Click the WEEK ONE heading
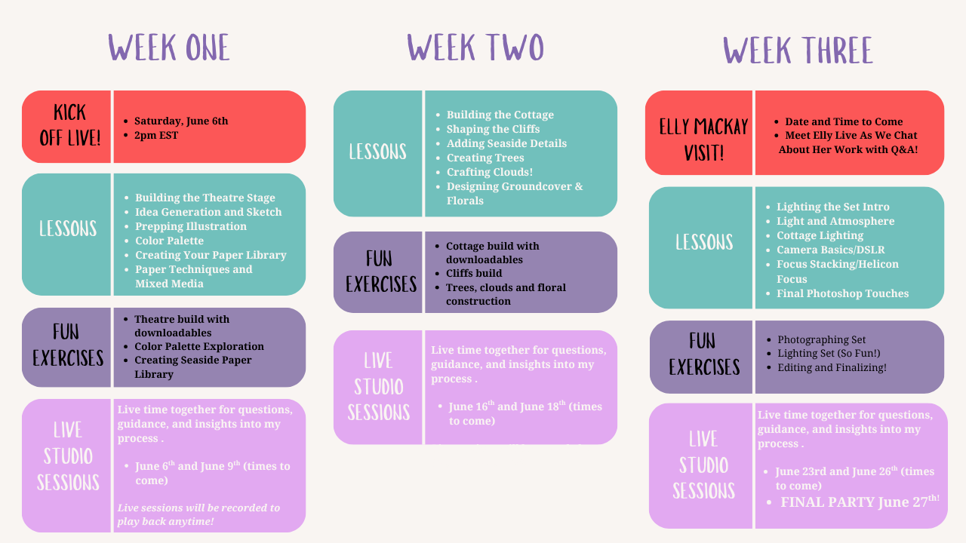169,48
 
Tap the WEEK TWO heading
475,48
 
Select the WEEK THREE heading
798,51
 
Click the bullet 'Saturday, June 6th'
181,121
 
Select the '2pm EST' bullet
156,135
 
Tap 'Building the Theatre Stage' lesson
205,198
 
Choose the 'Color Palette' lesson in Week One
169,241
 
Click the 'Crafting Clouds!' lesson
489,172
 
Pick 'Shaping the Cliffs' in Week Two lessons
493,129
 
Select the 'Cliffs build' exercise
474,273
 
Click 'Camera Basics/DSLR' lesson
830,250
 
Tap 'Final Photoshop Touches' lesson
842,293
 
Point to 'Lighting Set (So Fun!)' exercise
829,354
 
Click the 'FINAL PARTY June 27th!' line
860,502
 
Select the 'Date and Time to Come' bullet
844,121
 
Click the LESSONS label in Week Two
377,152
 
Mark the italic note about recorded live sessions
198,514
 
